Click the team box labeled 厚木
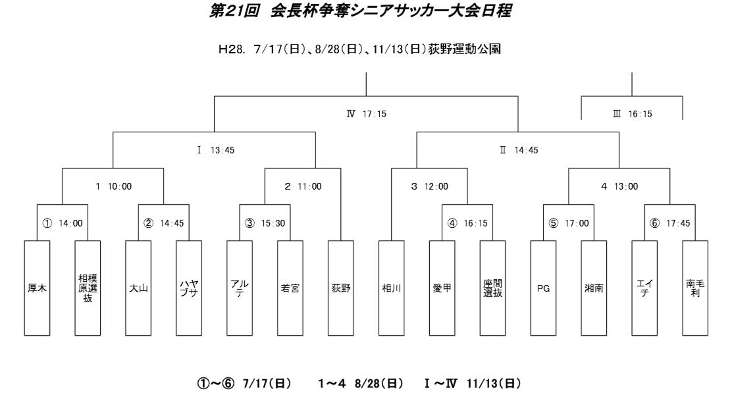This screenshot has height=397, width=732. pyautogui.click(x=37, y=288)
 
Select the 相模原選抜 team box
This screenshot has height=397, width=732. pyautogui.click(x=88, y=288)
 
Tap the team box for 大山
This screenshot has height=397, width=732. pyautogui.click(x=138, y=288)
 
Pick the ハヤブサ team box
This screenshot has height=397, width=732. pyautogui.click(x=189, y=288)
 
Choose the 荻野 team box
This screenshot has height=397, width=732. pyautogui.click(x=341, y=288)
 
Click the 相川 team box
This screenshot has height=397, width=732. pyautogui.click(x=391, y=288)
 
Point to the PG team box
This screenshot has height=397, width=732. pyautogui.click(x=543, y=288)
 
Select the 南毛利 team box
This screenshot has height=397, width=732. pyautogui.click(x=695, y=288)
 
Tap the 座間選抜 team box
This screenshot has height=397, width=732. pyautogui.click(x=492, y=288)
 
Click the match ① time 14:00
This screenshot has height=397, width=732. pyautogui.click(x=70, y=223)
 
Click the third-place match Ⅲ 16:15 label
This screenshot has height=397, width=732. pyautogui.click(x=633, y=113)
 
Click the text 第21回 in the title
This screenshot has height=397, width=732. pyautogui.click(x=234, y=11)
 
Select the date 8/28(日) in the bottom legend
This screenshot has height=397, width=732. pyautogui.click(x=379, y=383)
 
